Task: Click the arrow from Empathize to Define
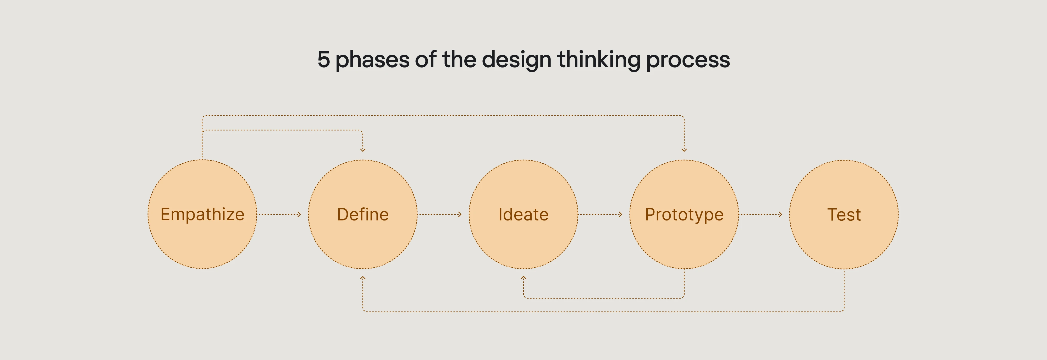point(279,214)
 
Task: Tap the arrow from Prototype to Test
point(761,214)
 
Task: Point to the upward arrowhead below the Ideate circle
point(523,278)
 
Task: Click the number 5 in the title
point(323,59)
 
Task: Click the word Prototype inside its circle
point(684,214)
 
